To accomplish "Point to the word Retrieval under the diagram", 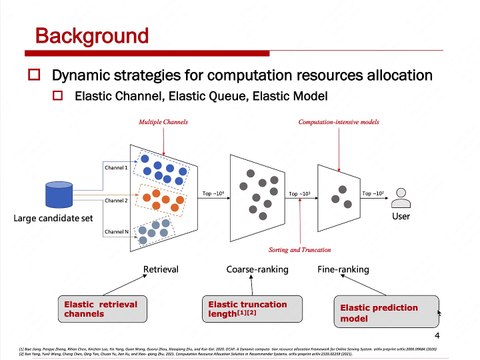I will click(x=162, y=270).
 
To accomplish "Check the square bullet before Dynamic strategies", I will click(x=34, y=75).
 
